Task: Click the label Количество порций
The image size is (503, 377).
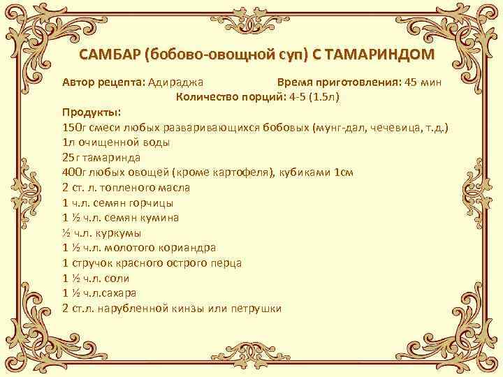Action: point(228,96)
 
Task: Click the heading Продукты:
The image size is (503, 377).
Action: point(91,112)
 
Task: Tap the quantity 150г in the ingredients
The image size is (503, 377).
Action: point(73,128)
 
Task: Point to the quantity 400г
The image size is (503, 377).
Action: point(73,172)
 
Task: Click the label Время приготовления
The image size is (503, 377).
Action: point(337,81)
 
